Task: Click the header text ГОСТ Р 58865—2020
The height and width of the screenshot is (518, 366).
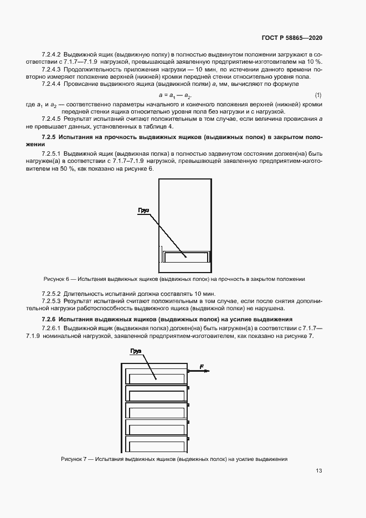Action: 291,38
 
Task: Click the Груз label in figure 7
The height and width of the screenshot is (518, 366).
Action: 136,351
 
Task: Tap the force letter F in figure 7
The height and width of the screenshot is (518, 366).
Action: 202,367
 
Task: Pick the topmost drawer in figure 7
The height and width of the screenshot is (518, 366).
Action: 156,377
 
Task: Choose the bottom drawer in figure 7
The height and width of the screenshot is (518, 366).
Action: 156,445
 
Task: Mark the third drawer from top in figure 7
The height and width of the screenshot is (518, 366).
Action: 156,411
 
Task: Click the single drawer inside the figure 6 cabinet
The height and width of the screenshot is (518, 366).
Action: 186,257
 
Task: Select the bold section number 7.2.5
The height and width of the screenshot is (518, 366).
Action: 53,137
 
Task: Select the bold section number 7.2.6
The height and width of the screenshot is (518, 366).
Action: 53,320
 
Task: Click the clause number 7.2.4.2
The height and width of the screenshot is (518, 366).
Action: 51,54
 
